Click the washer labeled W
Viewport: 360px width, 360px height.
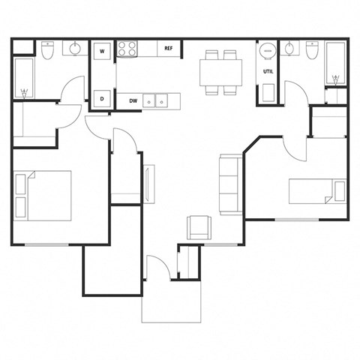[102, 51]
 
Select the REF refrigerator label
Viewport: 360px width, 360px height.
[169, 49]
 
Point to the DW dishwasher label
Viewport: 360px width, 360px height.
[133, 100]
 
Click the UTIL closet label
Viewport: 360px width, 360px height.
[268, 72]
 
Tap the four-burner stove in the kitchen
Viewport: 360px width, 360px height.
[127, 49]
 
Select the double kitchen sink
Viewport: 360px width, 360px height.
[157, 100]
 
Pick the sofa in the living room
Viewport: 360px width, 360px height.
[229, 183]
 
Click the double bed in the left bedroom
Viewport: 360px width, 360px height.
[43, 195]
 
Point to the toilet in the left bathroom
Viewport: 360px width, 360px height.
[47, 51]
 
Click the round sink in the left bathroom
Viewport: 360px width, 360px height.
[75, 50]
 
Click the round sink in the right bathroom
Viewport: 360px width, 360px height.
[291, 50]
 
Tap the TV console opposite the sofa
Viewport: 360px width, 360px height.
[148, 183]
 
